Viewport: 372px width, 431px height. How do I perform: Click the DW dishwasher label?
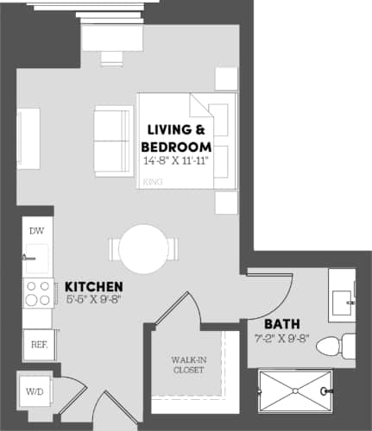36,231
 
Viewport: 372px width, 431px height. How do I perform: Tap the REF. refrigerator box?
38,343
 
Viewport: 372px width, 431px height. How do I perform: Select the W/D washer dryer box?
35,391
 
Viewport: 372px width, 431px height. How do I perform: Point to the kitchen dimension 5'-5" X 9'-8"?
91,301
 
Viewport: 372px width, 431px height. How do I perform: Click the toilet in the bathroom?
333,347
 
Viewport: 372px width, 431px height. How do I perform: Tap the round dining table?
142,249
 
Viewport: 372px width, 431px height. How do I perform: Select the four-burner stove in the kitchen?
37,295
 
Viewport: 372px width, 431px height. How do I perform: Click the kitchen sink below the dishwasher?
36,256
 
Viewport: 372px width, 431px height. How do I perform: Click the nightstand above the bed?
226,78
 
